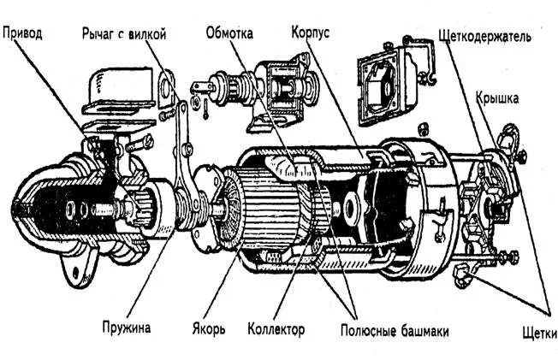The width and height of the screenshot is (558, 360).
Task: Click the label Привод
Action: pyautogui.click(x=22, y=33)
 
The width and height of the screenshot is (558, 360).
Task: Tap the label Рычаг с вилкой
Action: pyautogui.click(x=123, y=33)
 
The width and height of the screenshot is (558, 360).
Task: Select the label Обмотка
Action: pyautogui.click(x=229, y=33)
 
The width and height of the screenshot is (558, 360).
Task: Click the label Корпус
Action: pyautogui.click(x=310, y=32)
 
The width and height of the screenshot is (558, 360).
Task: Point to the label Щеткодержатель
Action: pyautogui.click(x=484, y=38)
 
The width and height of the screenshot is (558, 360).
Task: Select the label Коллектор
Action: pyautogui.click(x=276, y=328)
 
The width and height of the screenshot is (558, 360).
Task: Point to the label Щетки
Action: pyautogui.click(x=538, y=332)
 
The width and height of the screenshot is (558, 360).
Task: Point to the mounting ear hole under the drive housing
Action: pyautogui.click(x=74, y=274)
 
